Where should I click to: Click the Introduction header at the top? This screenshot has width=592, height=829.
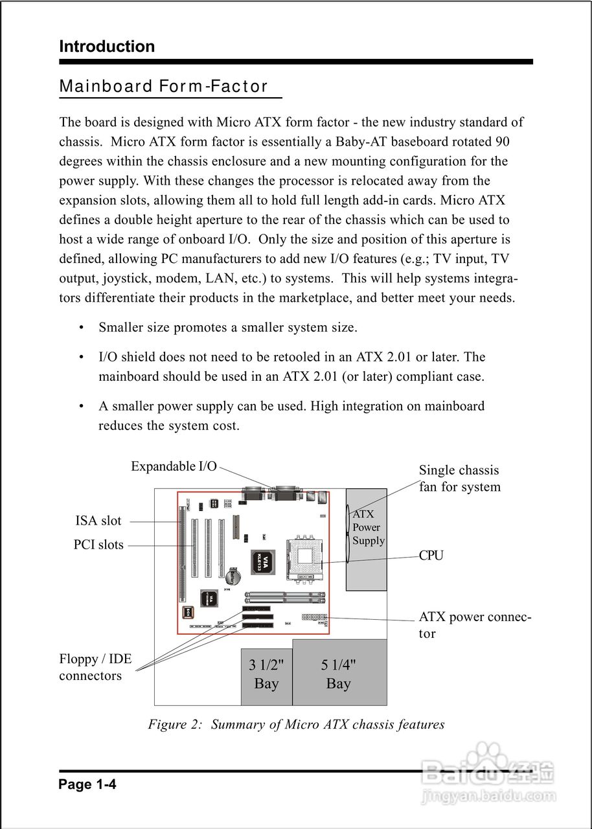pos(107,47)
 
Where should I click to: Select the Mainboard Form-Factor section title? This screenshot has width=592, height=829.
pos(163,87)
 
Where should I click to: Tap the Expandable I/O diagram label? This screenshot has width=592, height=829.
pos(174,466)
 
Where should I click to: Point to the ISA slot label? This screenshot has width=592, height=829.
pos(98,521)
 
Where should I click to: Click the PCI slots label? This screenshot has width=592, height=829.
pos(98,545)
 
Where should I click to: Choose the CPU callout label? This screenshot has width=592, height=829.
pos(431,556)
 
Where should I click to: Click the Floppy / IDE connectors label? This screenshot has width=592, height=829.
pos(95,668)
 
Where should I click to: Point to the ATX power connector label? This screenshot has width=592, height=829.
pos(475,625)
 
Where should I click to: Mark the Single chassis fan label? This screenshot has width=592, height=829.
pos(459,479)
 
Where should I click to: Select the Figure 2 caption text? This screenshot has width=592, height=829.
pos(296,724)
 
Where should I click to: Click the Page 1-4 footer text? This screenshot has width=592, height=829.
pos(87,785)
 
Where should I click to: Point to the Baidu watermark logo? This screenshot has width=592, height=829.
pos(488,773)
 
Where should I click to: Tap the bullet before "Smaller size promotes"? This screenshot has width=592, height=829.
pos(82,328)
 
